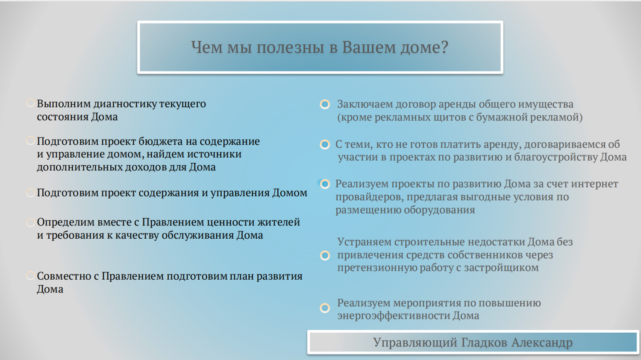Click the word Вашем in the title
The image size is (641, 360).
[368, 47]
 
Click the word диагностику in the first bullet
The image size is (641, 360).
[125, 104]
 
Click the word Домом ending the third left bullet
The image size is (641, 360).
[290, 193]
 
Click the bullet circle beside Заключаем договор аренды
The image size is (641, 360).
[325, 104]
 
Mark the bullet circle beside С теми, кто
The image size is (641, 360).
[325, 144]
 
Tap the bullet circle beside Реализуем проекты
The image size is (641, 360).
[325, 184]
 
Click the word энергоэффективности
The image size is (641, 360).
[394, 316]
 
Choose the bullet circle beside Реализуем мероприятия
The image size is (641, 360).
[325, 308]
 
